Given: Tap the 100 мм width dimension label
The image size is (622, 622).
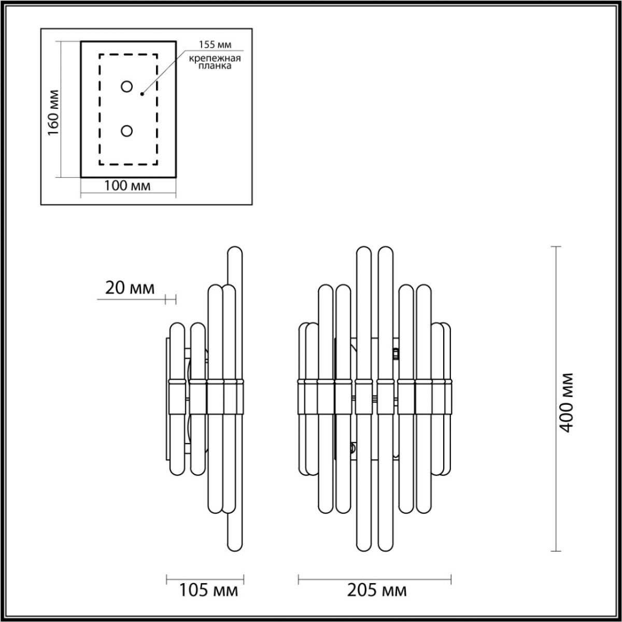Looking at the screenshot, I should point(128,186).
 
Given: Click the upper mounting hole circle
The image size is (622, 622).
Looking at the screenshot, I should point(126,87).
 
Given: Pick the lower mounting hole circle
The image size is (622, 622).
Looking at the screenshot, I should point(126,132).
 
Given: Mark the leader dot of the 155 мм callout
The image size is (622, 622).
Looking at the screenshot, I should point(142,94).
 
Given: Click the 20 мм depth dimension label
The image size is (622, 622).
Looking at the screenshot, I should point(130,288).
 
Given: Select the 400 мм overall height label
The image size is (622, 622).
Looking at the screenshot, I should point(567,402).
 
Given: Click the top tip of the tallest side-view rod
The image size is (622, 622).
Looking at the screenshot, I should point(235,249).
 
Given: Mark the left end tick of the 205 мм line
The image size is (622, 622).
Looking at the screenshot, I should point(299,578).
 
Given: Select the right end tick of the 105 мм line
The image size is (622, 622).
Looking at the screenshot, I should point(244,578).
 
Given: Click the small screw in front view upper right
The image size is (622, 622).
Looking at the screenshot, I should point(396,354).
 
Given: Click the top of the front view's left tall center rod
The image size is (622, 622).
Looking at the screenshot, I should point(364,249).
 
